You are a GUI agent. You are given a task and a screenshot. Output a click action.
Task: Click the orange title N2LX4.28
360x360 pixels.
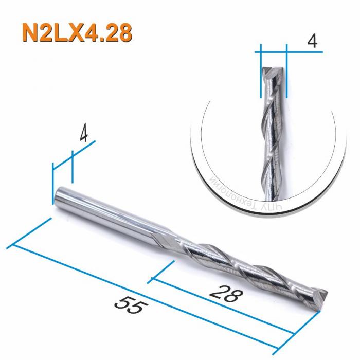tap(77, 32)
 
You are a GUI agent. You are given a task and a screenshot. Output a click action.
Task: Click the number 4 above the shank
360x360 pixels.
tap(84, 134)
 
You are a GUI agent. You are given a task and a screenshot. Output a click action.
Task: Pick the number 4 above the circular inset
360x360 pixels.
tap(310, 42)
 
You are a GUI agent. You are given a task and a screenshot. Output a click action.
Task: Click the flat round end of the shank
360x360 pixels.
tap(58, 194)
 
